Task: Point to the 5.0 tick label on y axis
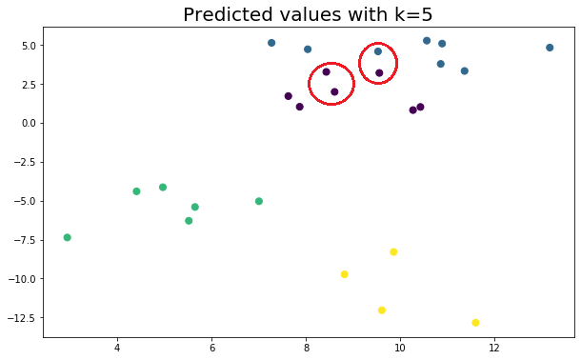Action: [x=26, y=45]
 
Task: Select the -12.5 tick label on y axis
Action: [x=21, y=317]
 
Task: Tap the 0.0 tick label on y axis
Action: [x=26, y=123]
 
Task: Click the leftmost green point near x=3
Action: [x=67, y=237]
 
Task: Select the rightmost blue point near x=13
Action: [x=550, y=48]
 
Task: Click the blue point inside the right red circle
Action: [x=378, y=51]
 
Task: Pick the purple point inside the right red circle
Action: [x=379, y=73]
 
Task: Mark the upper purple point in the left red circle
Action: [x=326, y=71]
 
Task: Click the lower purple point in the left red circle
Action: [x=334, y=92]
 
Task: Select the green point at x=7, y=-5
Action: [x=259, y=201]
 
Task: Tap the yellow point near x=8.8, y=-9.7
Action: [x=345, y=274]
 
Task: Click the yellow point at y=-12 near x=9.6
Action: [x=382, y=310]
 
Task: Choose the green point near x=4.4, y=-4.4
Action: [x=136, y=191]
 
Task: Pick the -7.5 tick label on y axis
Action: [x=23, y=239]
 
